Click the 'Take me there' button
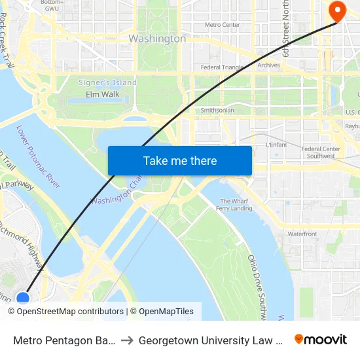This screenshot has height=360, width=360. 180,161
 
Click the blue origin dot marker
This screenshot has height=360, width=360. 23,298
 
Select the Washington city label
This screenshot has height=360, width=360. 157,39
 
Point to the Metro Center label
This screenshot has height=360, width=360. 223,25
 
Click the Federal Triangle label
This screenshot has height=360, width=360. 223,67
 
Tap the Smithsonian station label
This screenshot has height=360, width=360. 217,111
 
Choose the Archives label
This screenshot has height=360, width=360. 268,65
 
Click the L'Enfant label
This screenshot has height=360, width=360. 277,145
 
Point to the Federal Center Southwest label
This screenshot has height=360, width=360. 321,153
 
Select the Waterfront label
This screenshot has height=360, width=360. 302,234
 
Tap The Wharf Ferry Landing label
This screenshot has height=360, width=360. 234,205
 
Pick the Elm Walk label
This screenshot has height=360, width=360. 103,94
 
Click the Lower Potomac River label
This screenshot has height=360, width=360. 37,157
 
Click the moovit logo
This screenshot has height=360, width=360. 320,340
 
